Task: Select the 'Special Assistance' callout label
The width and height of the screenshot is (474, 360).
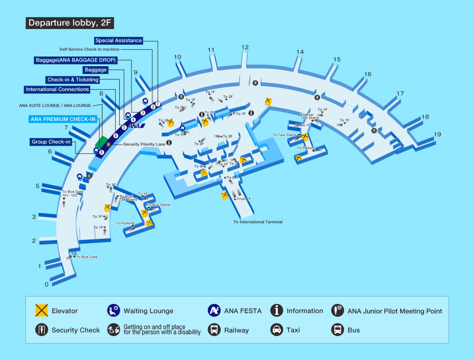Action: tap(118, 41)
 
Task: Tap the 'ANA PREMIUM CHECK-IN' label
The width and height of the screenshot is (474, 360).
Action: tap(63, 119)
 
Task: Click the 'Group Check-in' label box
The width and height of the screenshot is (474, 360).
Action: tap(51, 142)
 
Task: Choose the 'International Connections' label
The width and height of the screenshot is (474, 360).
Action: tap(57, 90)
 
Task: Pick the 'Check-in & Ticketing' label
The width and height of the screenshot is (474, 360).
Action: tap(72, 80)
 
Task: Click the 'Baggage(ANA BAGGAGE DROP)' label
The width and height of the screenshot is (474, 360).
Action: tap(75, 60)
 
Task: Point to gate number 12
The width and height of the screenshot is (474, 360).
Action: tap(245, 47)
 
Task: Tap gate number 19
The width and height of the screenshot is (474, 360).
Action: tap(437, 134)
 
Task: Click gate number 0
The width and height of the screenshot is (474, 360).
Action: tap(46, 284)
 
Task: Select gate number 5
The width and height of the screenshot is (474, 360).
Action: tap(38, 186)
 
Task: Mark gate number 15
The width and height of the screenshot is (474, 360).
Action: tap(336, 60)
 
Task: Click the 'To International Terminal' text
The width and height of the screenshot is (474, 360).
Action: tap(258, 222)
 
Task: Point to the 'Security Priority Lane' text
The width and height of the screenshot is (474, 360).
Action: tap(144, 144)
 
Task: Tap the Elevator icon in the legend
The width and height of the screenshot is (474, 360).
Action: tap(41, 311)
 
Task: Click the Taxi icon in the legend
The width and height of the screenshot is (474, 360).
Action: tap(276, 329)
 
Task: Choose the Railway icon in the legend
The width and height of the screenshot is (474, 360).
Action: tap(215, 329)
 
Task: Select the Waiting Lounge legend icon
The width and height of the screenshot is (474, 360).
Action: tap(113, 311)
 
